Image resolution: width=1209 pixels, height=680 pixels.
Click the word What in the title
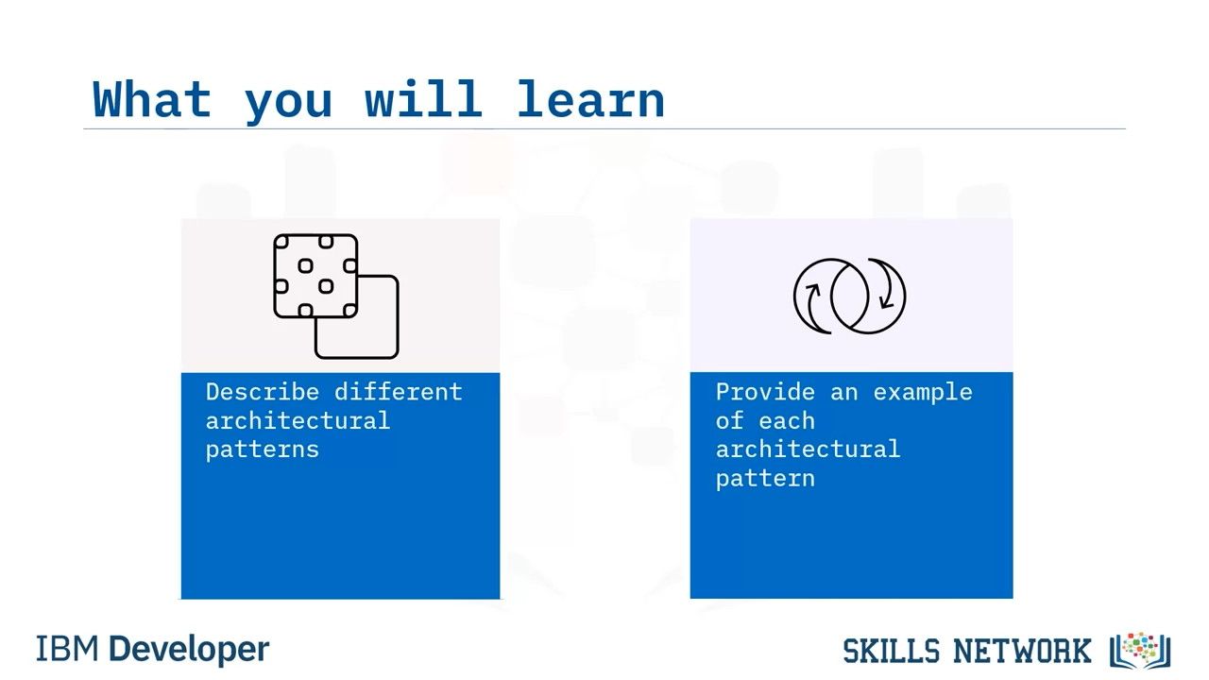pyautogui.click(x=152, y=99)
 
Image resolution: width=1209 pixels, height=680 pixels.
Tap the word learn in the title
pyautogui.click(x=591, y=99)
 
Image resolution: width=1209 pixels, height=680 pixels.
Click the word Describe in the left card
pyautogui.click(x=263, y=392)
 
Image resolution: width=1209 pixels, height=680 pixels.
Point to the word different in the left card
pyautogui.click(x=399, y=392)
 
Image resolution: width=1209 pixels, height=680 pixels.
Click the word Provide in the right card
pyautogui.click(x=765, y=392)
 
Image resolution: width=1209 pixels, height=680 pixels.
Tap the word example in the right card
pyautogui.click(x=923, y=393)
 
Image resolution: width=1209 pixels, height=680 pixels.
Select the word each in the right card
pyautogui.click(x=787, y=421)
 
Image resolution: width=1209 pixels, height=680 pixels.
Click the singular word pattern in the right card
pyautogui.click(x=765, y=479)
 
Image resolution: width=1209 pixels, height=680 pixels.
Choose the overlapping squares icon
pyautogui.click(x=336, y=297)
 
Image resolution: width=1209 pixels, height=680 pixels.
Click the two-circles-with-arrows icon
pyautogui.click(x=849, y=297)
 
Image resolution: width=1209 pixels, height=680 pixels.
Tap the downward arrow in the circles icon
pyautogui.click(x=890, y=285)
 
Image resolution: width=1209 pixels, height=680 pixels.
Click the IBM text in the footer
pyautogui.click(x=67, y=649)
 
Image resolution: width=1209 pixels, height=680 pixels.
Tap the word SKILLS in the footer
pyautogui.click(x=892, y=651)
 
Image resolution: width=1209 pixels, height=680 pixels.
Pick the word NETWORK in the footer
pyautogui.click(x=1022, y=651)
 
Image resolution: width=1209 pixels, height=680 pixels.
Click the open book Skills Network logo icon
pyautogui.click(x=1140, y=651)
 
